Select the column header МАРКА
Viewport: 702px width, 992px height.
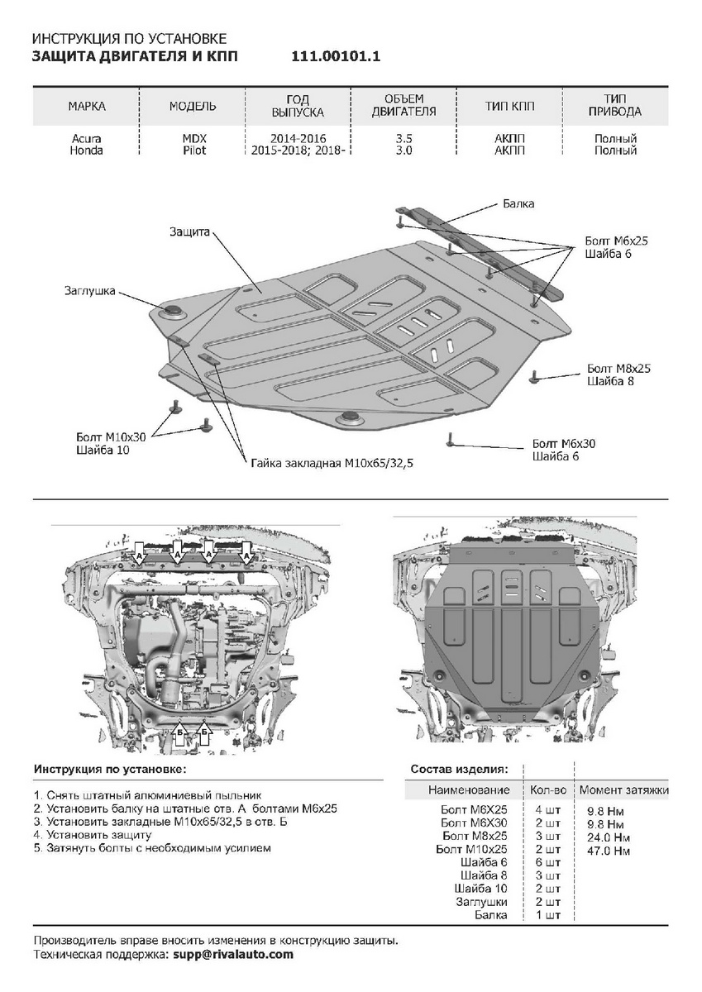pos(87,107)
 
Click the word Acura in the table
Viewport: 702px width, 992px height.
pos(87,139)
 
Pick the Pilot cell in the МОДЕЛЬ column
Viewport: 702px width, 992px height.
pos(194,150)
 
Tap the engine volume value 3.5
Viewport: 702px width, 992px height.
pos(404,139)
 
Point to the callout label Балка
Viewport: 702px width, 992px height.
pos(518,203)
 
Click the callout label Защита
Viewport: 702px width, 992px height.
pos(189,231)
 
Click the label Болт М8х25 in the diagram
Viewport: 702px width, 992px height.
pos(618,369)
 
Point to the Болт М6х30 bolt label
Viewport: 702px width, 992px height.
pos(564,444)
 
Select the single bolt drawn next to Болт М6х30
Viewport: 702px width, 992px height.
pos(451,439)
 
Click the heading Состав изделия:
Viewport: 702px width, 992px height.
pos(460,769)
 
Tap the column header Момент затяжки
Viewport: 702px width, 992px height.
pos(623,791)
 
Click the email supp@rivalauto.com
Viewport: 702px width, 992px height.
pos(233,954)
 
